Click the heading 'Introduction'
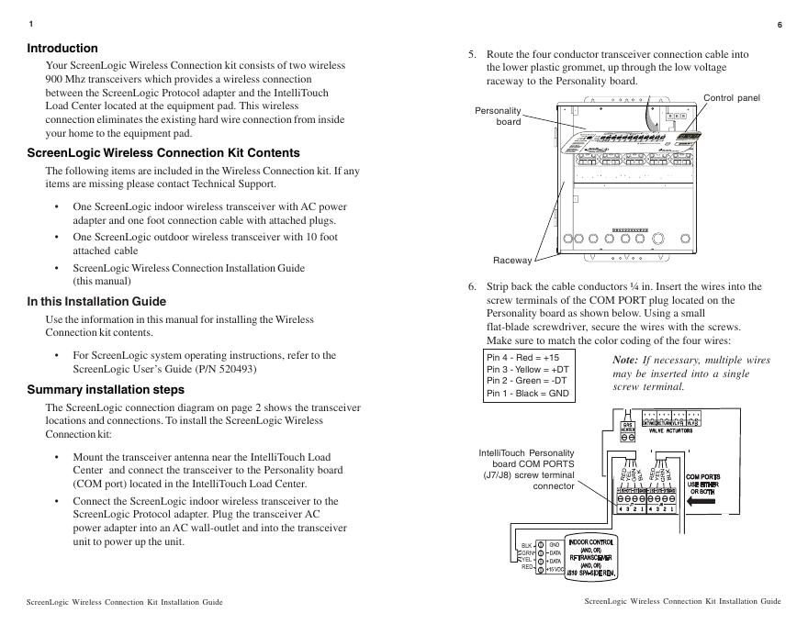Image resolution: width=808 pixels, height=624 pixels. pos(62,48)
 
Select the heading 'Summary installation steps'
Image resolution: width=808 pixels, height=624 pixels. pos(106,390)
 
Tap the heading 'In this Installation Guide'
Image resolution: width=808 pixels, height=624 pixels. pos(96,301)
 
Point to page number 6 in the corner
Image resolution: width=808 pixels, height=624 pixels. pos(780,24)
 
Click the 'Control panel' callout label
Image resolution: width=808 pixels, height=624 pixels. pos(732,97)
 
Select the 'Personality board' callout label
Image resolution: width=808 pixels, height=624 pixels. pos(498,116)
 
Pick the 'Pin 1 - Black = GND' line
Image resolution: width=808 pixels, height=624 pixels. pos(528,393)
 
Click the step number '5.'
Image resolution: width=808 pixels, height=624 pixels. pos(473,54)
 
